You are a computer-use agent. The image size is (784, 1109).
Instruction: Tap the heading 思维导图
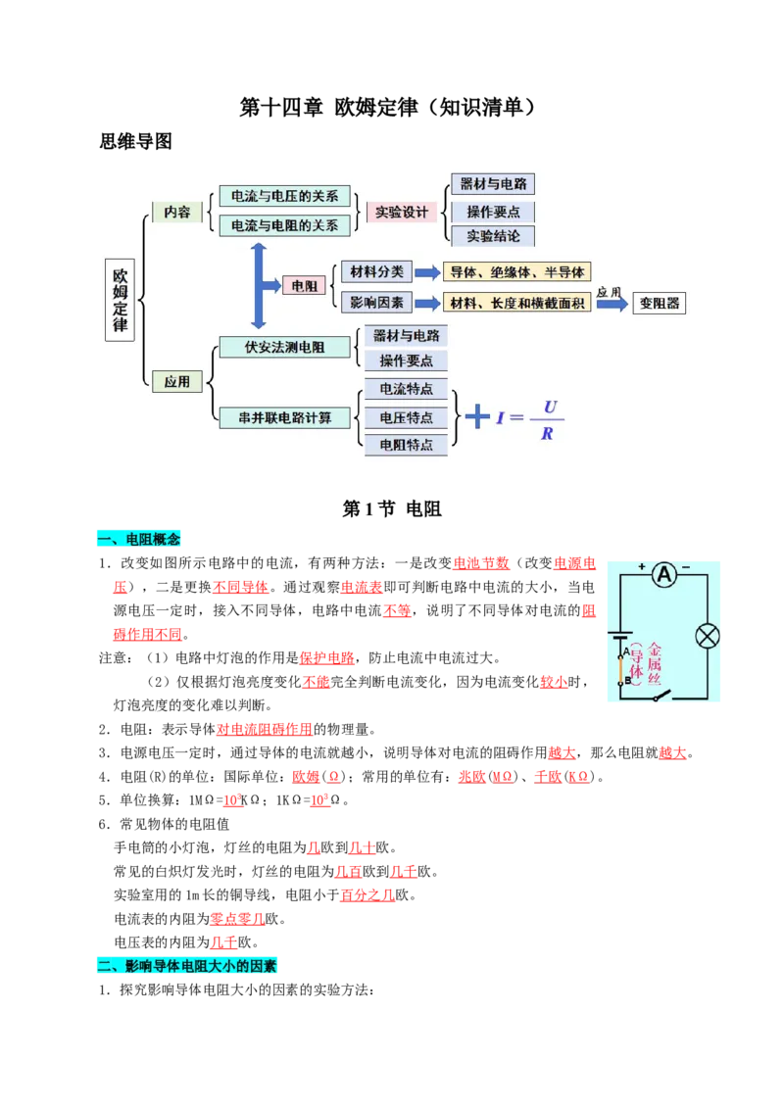coord(135,141)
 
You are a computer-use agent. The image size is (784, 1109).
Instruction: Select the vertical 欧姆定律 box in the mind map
coord(121,300)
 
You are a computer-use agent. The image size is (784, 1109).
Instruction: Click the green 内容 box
coord(177,212)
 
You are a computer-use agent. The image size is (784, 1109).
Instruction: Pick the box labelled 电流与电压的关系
coord(284,196)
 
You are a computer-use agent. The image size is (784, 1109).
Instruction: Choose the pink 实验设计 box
coord(401,213)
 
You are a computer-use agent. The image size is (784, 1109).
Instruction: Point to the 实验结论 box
coord(493,235)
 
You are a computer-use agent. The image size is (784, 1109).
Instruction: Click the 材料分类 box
coord(376,271)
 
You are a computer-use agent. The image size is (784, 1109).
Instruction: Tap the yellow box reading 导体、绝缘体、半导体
coord(517,272)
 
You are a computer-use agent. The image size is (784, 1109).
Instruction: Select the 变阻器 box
coord(659,303)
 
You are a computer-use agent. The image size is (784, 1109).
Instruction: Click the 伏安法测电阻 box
coord(284,347)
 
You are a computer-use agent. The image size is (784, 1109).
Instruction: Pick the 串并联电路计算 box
coord(284,418)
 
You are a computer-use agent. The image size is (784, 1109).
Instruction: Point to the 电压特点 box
coord(406,417)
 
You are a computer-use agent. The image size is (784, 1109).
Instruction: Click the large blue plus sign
coord(477,415)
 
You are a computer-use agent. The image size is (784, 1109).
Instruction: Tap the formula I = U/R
coord(530,420)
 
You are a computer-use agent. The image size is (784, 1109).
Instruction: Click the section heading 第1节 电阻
coord(392,508)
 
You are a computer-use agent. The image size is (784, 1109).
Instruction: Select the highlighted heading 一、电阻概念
coord(139,539)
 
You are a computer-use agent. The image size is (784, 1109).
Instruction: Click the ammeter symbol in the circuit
coord(664,575)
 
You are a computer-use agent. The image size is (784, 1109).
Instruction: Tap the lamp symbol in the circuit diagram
coord(708,636)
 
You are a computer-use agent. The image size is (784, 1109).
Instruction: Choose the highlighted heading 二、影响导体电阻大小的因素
coord(187,965)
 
